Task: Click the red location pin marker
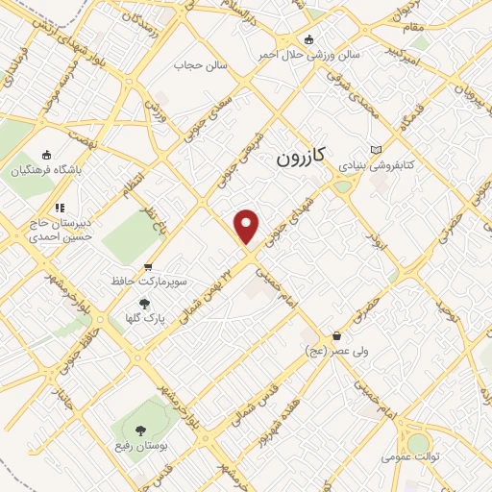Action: point(248,226)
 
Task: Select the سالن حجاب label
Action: point(199,65)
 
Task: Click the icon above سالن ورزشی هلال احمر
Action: point(308,39)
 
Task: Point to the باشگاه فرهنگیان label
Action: point(47,171)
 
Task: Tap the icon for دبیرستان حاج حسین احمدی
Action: point(60,207)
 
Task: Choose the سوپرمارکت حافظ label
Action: point(148,283)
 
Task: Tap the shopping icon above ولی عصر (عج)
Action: point(337,336)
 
